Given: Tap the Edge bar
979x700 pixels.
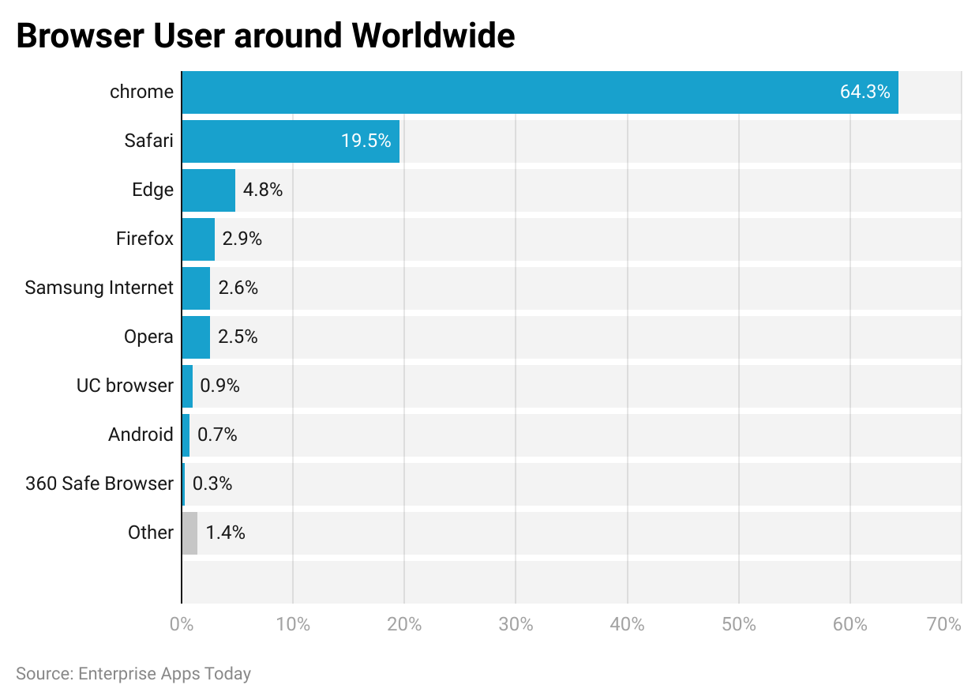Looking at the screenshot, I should pos(208,190).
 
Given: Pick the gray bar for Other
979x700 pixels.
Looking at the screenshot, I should pos(189,533).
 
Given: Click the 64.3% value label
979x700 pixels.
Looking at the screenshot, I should pos(865,92).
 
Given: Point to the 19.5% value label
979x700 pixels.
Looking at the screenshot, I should pos(366,141).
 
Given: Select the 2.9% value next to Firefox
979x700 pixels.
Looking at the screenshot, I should pos(242,239).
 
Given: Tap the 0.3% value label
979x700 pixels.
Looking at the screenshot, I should pos(212,484).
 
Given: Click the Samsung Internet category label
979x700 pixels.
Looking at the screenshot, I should pos(99,288).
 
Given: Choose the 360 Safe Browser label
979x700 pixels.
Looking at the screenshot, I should pos(99,484).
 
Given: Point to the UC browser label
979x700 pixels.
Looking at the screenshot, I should pos(125,386).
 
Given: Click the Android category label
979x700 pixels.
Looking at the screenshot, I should pos(141,435).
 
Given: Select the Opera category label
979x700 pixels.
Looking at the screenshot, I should pos(148,337).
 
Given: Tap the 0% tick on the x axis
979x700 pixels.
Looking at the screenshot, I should pos(182,624).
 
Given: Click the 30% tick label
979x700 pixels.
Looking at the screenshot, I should pos(516,624).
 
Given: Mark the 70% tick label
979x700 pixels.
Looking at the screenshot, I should pos(944,624).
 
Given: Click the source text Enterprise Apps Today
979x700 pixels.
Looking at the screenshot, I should pos(163,674).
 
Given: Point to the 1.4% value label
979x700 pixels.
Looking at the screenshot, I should pos(225,533).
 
